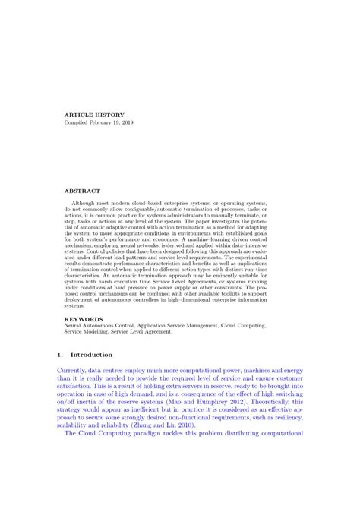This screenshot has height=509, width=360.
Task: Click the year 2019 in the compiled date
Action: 124,123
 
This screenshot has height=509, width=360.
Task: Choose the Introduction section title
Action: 91,355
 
